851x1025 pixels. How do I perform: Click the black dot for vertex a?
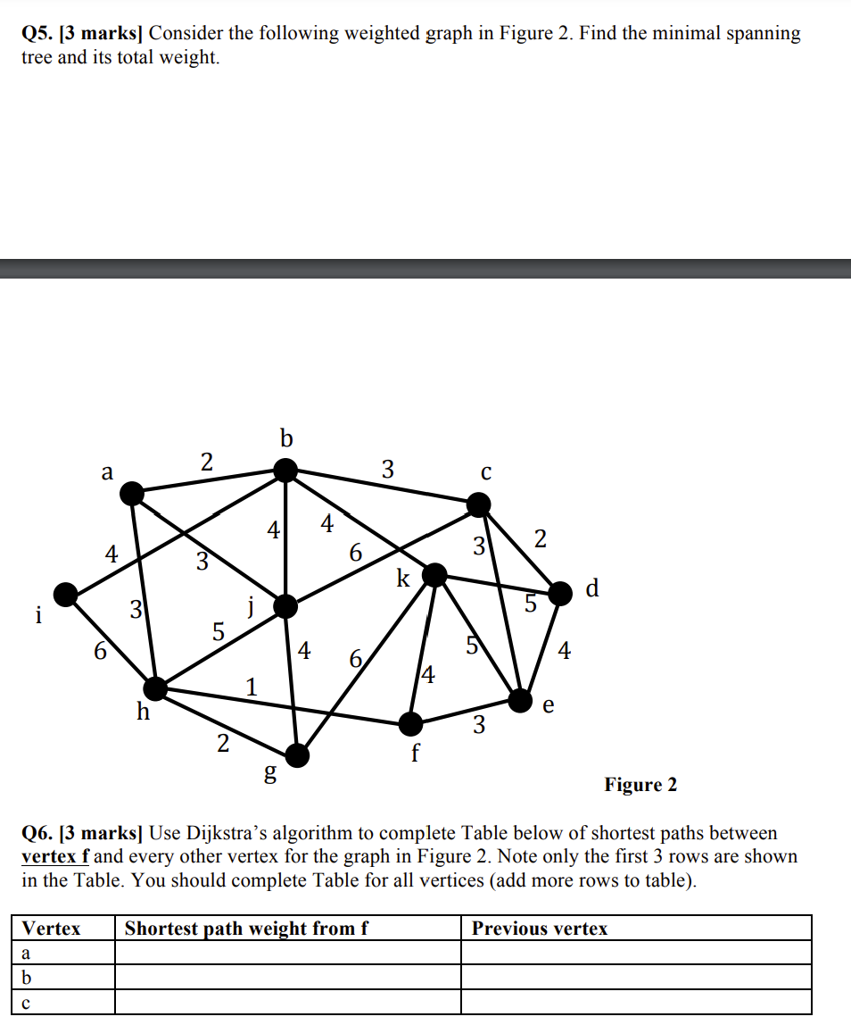pos(132,492)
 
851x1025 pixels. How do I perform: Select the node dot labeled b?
pos(285,469)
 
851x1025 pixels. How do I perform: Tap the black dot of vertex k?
pos(434,575)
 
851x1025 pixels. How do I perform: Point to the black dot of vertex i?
pos(65,594)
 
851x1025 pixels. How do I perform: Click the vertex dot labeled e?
pos(521,699)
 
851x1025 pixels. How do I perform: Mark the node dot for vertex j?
pos(285,607)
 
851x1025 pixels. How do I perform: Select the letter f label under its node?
pos(415,752)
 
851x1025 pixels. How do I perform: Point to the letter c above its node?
pos(485,472)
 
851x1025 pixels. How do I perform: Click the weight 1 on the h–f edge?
pos(252,687)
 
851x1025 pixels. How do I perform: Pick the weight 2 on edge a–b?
pos(207,462)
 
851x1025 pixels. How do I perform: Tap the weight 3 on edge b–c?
pos(387,469)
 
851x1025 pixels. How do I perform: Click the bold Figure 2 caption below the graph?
pos(640,785)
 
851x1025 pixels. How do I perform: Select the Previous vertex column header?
pos(540,929)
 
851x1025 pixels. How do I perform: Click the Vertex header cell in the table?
pos(51,929)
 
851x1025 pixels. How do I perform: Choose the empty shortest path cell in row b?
pos(287,977)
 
